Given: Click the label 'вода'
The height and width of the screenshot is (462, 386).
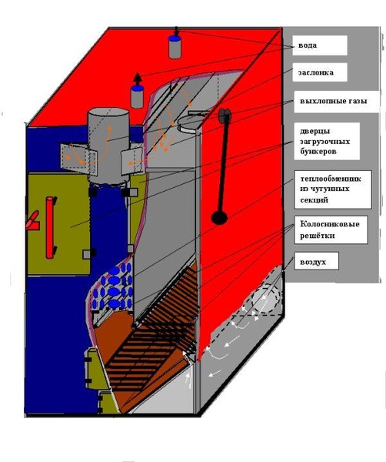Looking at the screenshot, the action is tap(308, 45).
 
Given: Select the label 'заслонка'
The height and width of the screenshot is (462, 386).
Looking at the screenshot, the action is tap(316, 72).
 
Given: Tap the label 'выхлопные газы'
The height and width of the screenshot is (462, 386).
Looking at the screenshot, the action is tap(334, 101).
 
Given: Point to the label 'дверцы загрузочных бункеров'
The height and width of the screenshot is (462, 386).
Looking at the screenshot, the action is tap(324, 142).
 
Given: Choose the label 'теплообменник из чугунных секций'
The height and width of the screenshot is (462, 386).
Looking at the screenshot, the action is tap(331, 189).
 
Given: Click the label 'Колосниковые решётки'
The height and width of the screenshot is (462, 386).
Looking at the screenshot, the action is tap(330, 229).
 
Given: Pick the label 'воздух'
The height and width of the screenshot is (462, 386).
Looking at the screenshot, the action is tap(313, 262).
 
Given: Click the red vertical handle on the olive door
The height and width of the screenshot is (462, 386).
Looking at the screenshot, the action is tap(51, 227).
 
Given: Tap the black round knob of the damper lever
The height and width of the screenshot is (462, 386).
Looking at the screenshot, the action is tap(219, 218).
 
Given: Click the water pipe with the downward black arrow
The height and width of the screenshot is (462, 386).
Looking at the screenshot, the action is tap(175, 46).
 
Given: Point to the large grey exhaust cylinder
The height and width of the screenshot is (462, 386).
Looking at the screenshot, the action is tap(108, 146).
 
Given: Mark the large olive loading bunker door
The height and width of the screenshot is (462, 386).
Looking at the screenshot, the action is tap(59, 224).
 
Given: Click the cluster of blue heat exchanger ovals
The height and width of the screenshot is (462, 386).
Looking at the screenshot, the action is tap(111, 287).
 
